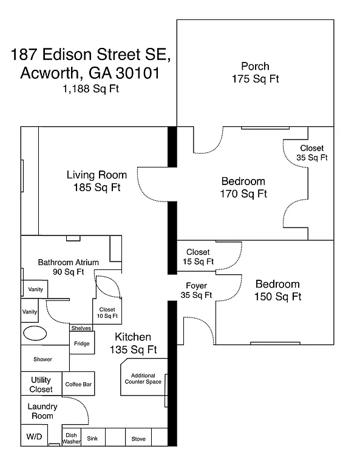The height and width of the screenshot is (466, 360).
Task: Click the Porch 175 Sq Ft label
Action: pyautogui.click(x=255, y=72)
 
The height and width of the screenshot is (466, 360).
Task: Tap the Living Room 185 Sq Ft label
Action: pyautogui.click(x=93, y=181)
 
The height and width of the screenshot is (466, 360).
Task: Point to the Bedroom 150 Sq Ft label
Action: pyautogui.click(x=277, y=291)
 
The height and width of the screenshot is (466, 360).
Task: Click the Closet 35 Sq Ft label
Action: pyautogui.click(x=312, y=153)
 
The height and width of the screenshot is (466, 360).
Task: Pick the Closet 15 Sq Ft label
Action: pyautogui.click(x=198, y=257)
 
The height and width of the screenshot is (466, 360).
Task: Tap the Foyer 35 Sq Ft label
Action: pyautogui.click(x=196, y=291)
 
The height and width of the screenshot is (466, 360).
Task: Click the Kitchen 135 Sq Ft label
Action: pyautogui.click(x=134, y=343)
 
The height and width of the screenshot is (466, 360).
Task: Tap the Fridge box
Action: pyautogui.click(x=81, y=343)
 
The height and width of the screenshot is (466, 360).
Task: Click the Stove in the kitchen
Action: pyautogui.click(x=138, y=439)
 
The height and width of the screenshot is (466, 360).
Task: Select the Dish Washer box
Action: pyautogui.click(x=72, y=439)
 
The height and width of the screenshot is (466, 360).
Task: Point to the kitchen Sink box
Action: pyautogui.click(x=92, y=439)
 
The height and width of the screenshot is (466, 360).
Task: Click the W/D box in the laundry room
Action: pyautogui.click(x=33, y=437)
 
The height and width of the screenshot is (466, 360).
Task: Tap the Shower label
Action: pyautogui.click(x=42, y=359)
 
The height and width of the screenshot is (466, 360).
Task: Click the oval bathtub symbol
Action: pyautogui.click(x=32, y=334)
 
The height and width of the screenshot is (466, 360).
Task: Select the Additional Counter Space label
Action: pyautogui.click(x=143, y=379)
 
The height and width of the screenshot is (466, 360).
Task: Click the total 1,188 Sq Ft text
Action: pyautogui.click(x=90, y=89)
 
